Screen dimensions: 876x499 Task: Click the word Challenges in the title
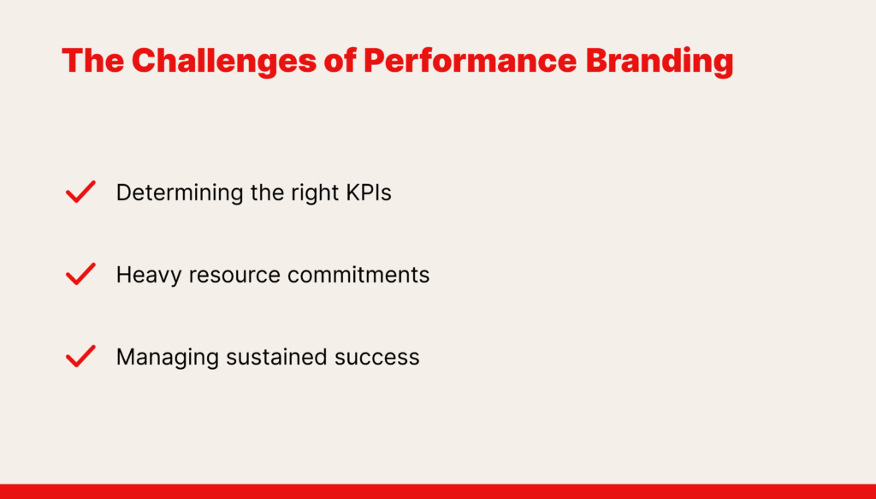click(x=224, y=62)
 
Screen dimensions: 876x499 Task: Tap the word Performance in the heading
click(x=470, y=61)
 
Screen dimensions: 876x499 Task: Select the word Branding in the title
click(x=660, y=62)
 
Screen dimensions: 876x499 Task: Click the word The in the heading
click(x=92, y=61)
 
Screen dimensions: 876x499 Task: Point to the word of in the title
click(x=340, y=61)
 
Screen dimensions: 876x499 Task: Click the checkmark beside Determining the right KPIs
click(x=80, y=192)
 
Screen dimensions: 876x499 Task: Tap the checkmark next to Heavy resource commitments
click(x=80, y=274)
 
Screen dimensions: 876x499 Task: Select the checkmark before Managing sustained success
click(x=80, y=356)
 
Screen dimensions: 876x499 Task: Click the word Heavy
click(x=149, y=276)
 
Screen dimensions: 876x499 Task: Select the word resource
click(x=234, y=276)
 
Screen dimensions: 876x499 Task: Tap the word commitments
click(x=358, y=275)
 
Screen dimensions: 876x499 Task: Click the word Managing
click(x=167, y=358)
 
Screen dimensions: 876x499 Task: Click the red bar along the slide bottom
click(x=438, y=491)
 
